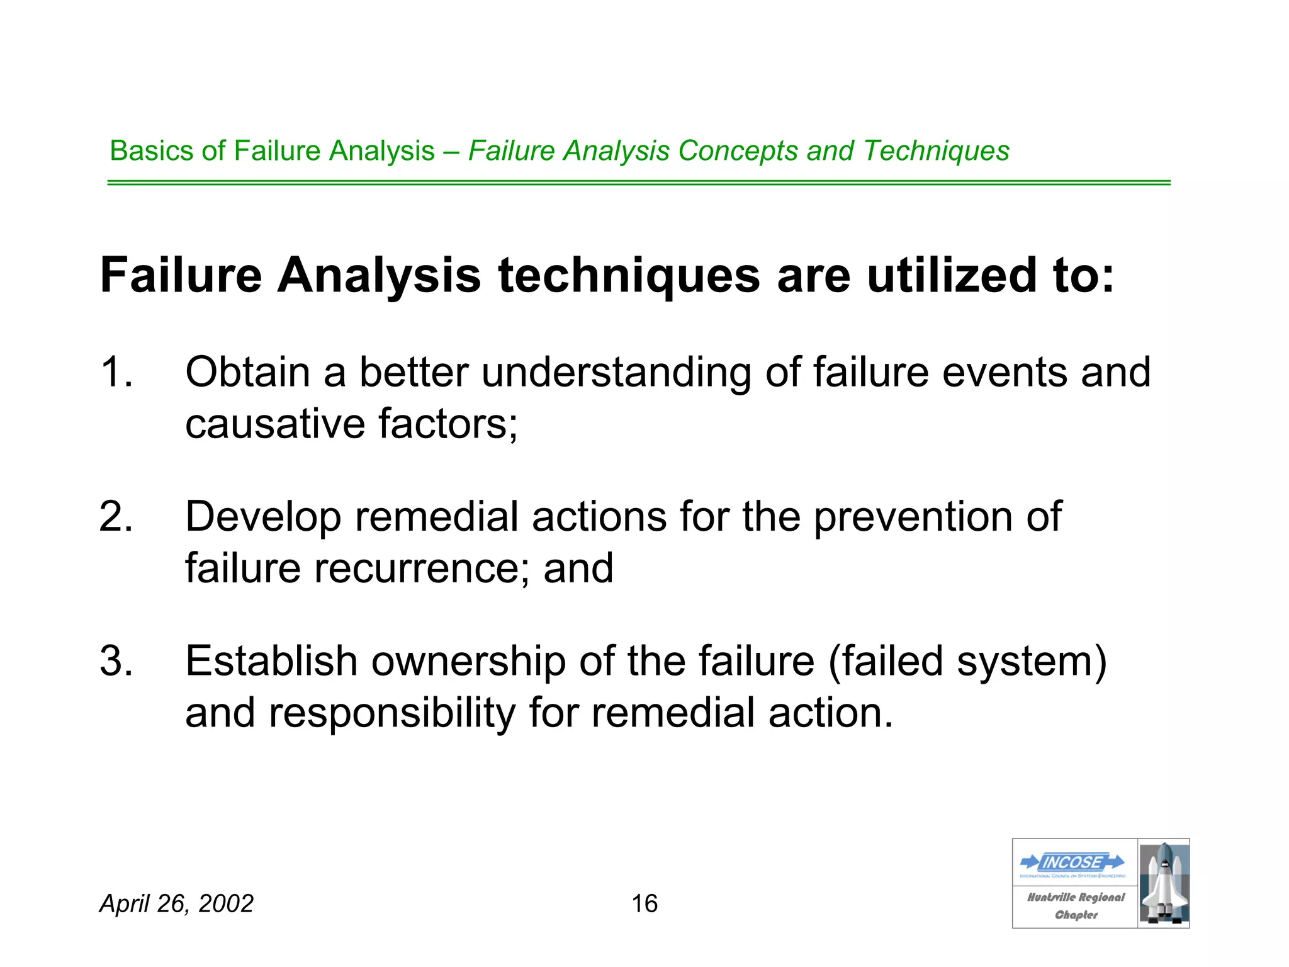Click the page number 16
[x=644, y=903]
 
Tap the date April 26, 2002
[x=176, y=903]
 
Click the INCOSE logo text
[x=1072, y=862]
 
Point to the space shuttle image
[x=1164, y=883]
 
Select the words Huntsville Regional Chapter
[x=1076, y=906]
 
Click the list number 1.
[x=116, y=372]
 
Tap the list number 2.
[x=116, y=517]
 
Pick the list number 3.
[x=116, y=661]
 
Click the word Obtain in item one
[x=247, y=372]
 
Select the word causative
[x=275, y=424]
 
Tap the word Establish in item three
[x=271, y=661]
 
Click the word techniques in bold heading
[x=629, y=276]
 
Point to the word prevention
[x=913, y=517]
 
